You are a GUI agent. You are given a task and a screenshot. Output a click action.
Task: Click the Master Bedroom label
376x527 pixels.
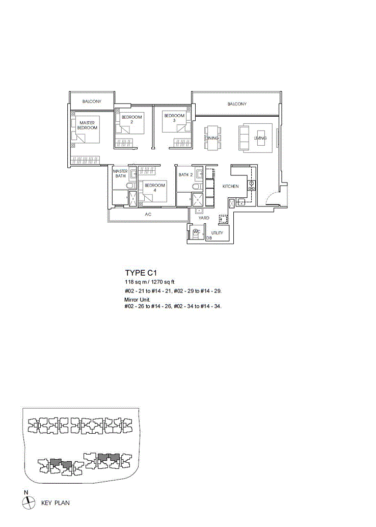pos(87,125)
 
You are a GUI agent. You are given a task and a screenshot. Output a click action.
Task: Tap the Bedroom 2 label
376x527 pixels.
pos(131,119)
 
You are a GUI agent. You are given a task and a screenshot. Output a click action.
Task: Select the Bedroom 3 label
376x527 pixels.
pos(174,118)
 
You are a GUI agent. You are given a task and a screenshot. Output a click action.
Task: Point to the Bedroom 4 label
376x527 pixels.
pos(154,188)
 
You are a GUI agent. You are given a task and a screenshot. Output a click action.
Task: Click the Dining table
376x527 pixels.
pos(213,138)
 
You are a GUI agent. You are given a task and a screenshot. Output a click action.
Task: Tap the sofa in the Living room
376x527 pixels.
pos(243,138)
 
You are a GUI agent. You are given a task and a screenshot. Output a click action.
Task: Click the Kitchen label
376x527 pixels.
pos(230,186)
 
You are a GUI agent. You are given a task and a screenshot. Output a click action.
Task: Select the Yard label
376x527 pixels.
pos(204,218)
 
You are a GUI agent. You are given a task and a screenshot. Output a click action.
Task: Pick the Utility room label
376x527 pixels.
pos(217,232)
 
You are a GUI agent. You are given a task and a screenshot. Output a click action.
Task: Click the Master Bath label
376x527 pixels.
pos(120,173)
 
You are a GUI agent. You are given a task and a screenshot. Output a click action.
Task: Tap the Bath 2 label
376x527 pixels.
pos(185,175)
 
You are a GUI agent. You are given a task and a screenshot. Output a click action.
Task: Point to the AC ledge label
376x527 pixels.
pos(148,215)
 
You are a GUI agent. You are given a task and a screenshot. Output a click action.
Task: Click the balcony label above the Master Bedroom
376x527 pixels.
pos(92,101)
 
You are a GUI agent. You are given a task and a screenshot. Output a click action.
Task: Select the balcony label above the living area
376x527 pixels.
pos(237,104)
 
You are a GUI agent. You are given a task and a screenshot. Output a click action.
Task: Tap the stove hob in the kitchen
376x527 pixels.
pos(251,185)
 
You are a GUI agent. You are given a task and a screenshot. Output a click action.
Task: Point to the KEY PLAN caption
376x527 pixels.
pos(56,503)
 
